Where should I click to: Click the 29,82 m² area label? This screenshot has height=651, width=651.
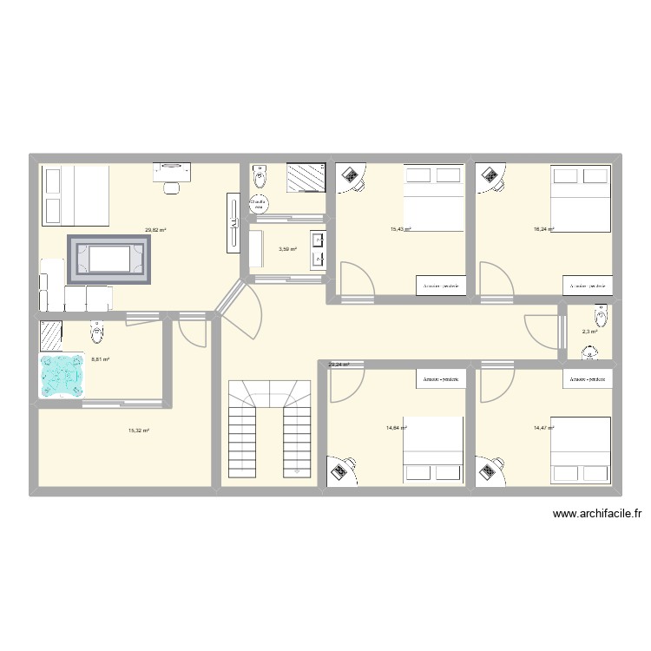tap(156, 231)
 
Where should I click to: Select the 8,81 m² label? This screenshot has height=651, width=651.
tap(100, 358)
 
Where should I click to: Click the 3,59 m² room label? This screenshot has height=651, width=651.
tap(287, 250)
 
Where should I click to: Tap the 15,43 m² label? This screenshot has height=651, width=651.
tap(400, 229)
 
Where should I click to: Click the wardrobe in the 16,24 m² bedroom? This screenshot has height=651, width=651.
tap(588, 286)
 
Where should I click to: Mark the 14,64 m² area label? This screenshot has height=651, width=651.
tap(397, 428)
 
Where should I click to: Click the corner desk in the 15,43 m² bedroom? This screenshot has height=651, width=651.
tap(351, 176)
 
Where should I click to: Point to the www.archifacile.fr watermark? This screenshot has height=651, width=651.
tap(597, 514)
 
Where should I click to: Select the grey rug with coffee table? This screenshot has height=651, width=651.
tap(110, 259)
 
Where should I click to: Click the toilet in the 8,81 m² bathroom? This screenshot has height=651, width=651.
tap(96, 331)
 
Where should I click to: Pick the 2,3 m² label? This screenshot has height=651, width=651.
tap(589, 332)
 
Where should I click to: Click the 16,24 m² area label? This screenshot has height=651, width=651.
tap(544, 229)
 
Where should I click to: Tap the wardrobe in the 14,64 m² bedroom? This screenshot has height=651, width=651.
tap(441, 379)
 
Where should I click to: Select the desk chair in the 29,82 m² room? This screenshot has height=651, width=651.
tap(172, 185)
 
